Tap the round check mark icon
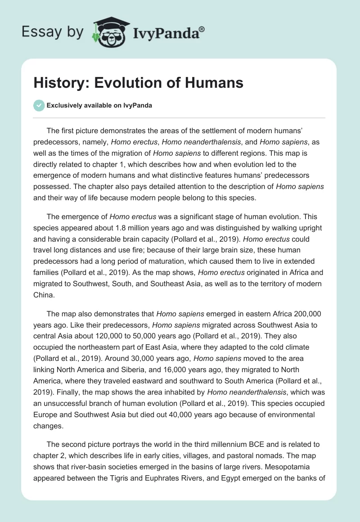(x=39, y=105)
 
